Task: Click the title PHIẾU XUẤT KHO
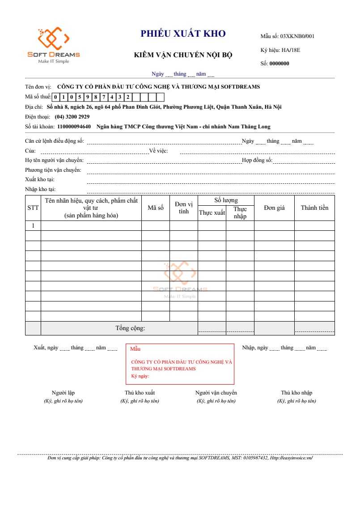[183, 34]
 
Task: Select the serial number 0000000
[279, 64]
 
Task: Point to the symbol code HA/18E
[291, 50]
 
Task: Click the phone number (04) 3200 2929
[72, 117]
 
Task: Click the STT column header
[33, 208]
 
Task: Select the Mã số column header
[156, 208]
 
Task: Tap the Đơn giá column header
[274, 208]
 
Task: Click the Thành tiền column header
[314, 208]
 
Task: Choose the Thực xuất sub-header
[212, 213]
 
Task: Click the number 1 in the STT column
[33, 226]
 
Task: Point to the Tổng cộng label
[130, 328]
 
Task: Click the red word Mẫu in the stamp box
[135, 349]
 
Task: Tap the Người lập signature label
[63, 393]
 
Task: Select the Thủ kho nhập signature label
[296, 393]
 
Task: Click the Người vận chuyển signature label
[216, 393]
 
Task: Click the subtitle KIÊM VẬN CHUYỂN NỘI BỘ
[183, 55]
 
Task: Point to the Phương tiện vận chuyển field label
[53, 170]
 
